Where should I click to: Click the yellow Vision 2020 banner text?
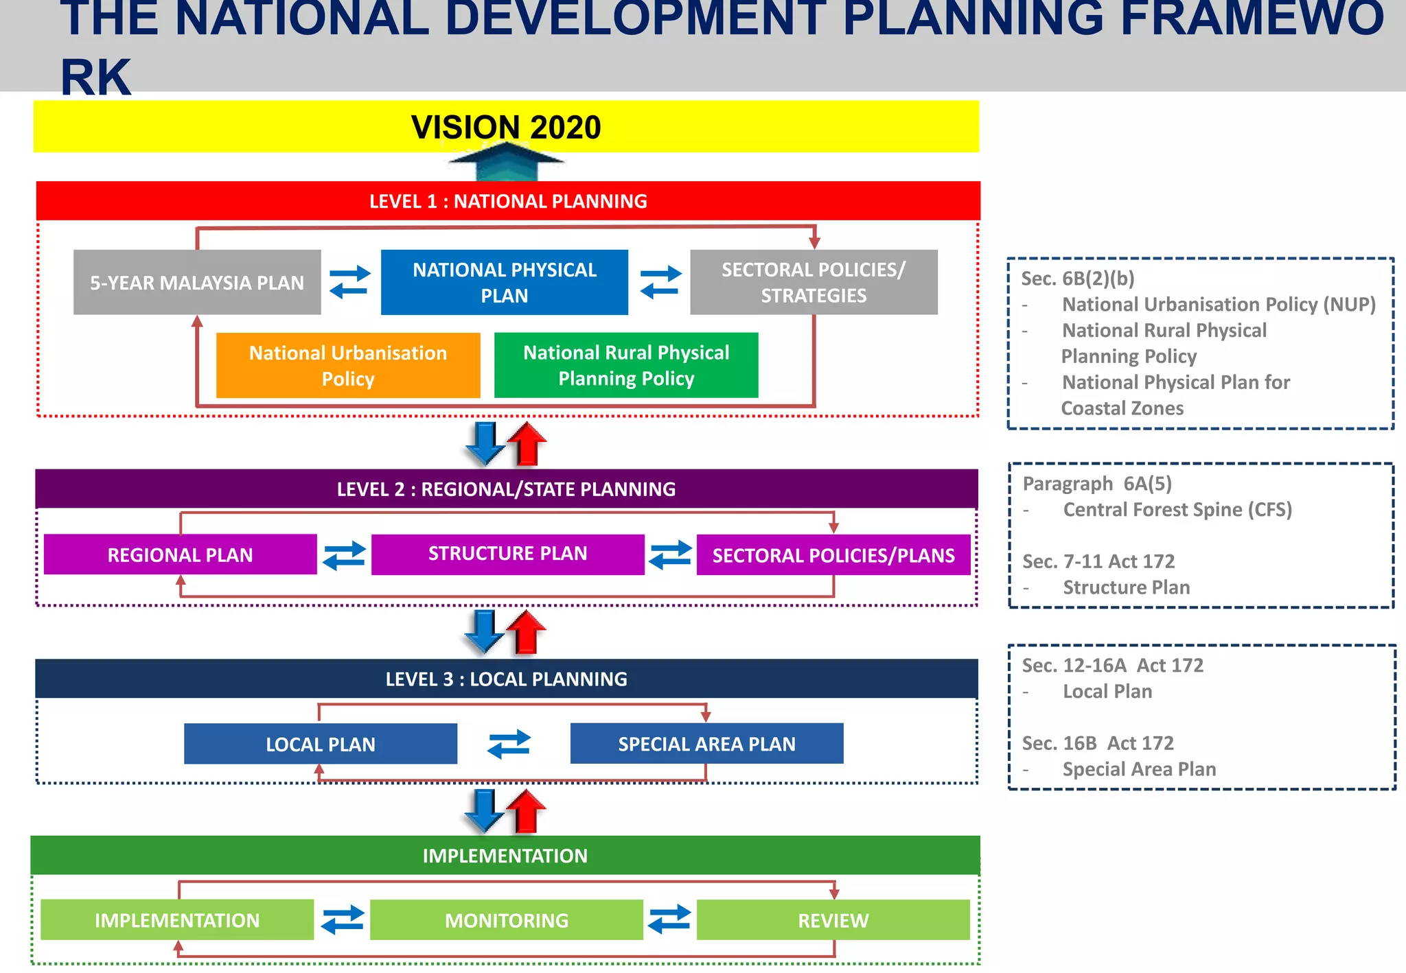coord(506,127)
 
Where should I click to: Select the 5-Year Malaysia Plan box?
coord(197,282)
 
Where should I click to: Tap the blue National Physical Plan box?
coord(505,282)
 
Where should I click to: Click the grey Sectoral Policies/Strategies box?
coord(814,282)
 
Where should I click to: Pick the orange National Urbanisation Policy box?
coord(348,365)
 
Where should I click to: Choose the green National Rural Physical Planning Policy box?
coord(626,365)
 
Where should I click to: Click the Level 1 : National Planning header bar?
coord(508,201)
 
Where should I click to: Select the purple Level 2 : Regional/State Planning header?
coord(507,489)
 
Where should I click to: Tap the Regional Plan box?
coord(180,554)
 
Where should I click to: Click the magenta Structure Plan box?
coord(508,554)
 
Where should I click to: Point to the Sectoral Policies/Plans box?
coord(833,555)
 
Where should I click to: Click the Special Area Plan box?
coord(706,744)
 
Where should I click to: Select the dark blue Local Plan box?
coord(321,744)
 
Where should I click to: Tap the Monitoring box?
coord(507,920)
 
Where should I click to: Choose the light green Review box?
coord(833,920)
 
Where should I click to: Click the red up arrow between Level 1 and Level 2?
coord(527,444)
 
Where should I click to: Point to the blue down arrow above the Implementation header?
coord(485,810)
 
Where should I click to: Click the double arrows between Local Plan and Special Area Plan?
coord(509,744)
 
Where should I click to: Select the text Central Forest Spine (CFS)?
coord(1177,510)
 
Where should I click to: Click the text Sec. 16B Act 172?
coord(1098,743)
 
